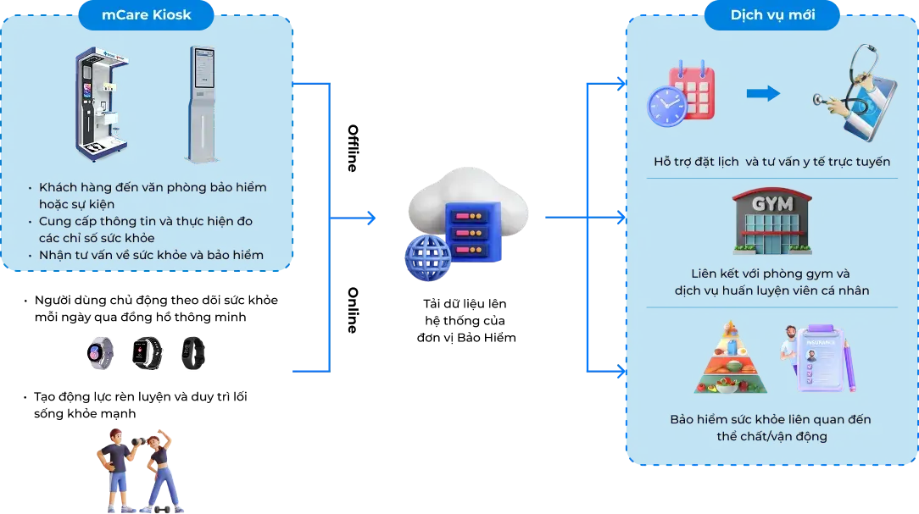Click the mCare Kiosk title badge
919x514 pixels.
145,14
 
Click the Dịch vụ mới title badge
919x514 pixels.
772,14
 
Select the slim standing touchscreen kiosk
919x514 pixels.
202,103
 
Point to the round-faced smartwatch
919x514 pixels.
98,353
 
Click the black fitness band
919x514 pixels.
192,353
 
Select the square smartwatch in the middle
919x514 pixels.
145,353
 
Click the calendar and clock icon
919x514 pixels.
681,94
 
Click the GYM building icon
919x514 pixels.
771,222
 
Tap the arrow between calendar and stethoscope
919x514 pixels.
763,93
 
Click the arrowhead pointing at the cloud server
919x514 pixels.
372,219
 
